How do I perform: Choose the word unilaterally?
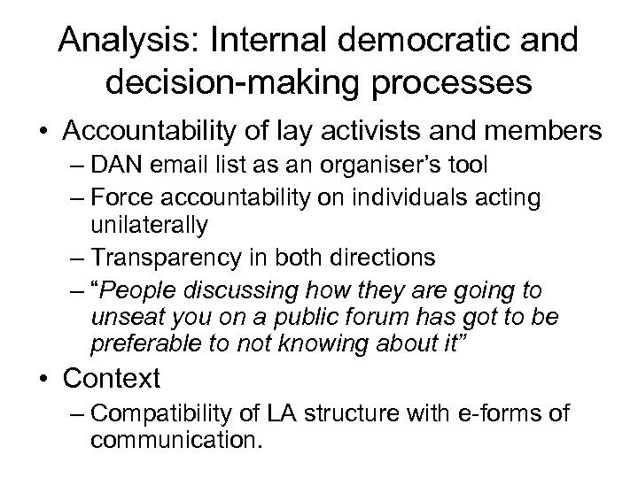pyautogui.click(x=149, y=224)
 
